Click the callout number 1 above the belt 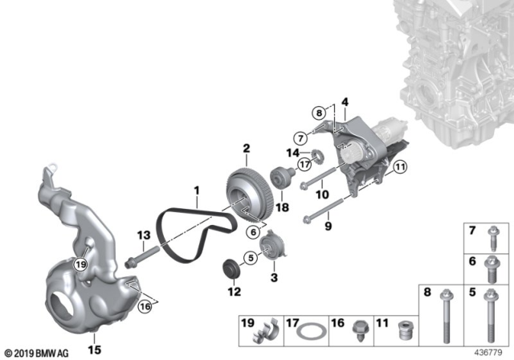[194, 191]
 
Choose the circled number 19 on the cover [80, 264]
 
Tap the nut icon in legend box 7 [493, 238]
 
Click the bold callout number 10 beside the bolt [321, 194]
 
